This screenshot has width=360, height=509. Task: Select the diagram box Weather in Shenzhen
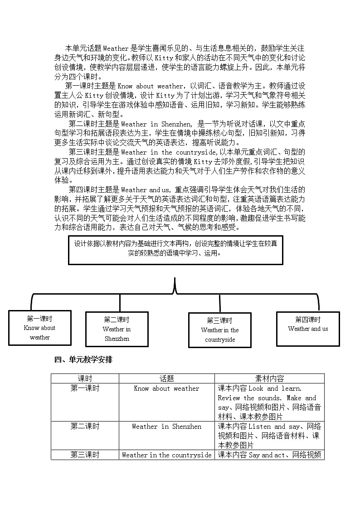click(117, 329)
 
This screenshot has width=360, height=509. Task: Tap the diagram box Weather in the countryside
click(220, 330)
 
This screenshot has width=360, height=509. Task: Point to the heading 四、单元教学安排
click(83, 360)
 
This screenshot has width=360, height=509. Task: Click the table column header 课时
click(85, 378)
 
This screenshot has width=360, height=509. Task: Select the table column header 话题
click(166, 378)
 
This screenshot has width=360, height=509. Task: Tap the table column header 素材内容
click(270, 378)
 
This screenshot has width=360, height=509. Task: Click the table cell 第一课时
click(85, 388)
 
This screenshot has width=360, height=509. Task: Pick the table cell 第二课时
click(85, 427)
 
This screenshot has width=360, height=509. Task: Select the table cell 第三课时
click(85, 455)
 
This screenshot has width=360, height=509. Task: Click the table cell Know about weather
click(166, 388)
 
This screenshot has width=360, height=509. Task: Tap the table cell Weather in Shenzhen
click(166, 427)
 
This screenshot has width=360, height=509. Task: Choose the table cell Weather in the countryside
click(166, 455)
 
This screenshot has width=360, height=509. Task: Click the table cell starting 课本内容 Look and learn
click(270, 402)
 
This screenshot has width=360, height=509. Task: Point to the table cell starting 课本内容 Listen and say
click(270, 436)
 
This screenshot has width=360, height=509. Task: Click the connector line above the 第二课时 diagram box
click(120, 303)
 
